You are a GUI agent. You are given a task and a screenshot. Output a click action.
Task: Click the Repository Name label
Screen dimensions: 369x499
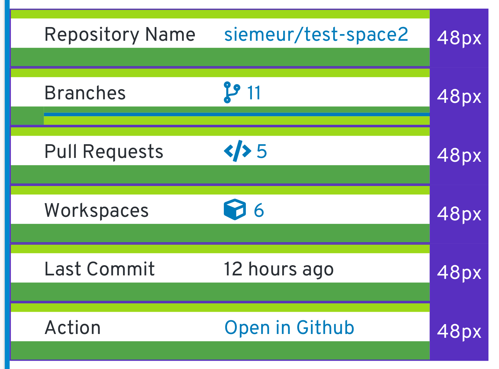tap(120, 34)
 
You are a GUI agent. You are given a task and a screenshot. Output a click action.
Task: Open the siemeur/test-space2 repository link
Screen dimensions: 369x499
tap(316, 34)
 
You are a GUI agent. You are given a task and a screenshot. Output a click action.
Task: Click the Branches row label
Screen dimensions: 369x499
tap(85, 93)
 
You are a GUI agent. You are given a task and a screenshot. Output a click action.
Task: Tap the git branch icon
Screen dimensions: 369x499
tap(231, 93)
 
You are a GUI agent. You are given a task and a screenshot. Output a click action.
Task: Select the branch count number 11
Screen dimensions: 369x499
tap(254, 93)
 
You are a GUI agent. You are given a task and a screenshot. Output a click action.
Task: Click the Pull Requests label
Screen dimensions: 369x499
tap(104, 151)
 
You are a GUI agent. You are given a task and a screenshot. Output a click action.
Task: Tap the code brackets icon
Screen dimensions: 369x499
tap(237, 151)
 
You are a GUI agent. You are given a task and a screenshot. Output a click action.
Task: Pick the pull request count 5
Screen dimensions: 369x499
tap(261, 151)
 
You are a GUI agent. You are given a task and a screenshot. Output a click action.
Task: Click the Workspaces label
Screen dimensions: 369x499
tap(96, 210)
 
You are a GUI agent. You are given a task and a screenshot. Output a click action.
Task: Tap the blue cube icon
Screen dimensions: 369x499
tap(235, 209)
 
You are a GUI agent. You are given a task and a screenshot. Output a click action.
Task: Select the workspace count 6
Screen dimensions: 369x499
tap(259, 210)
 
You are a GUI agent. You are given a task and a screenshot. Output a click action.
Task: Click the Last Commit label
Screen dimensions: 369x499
tap(99, 269)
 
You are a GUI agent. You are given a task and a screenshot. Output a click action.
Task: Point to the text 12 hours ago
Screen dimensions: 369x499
tap(278, 269)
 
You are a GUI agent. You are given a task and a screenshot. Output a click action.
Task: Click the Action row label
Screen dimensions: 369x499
tap(73, 328)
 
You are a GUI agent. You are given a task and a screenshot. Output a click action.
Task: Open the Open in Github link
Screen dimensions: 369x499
tap(289, 328)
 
